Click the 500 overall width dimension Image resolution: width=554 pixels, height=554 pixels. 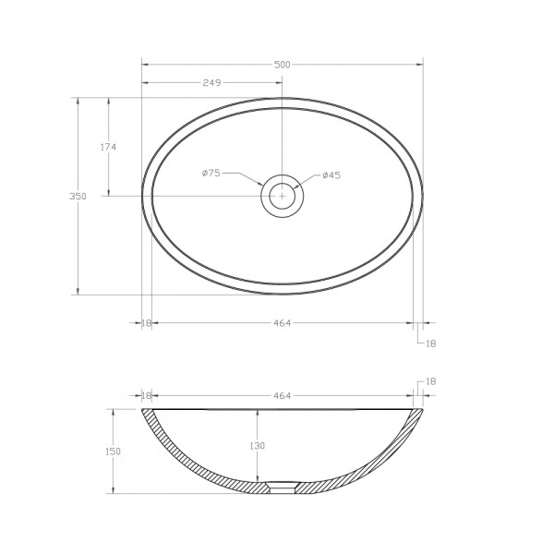coord(282,64)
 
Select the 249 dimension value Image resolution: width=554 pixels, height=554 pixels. coord(211,83)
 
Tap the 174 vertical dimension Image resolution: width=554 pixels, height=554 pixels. coord(108,146)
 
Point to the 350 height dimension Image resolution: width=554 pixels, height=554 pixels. coord(78,196)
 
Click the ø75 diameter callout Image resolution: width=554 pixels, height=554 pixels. coord(210,174)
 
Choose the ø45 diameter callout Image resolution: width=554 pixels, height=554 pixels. coord(331,175)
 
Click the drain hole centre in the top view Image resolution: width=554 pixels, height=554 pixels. coord(282,195)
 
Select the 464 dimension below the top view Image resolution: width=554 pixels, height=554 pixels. coord(282,322)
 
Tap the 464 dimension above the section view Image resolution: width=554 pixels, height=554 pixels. coord(282,395)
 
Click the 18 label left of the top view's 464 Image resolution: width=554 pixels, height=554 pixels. coord(146,322)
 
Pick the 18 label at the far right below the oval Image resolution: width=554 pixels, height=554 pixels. coord(429,343)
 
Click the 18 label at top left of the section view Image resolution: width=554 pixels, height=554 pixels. coord(146,395)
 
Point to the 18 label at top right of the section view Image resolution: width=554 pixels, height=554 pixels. coord(429,381)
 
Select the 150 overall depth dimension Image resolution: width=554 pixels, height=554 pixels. coord(114,451)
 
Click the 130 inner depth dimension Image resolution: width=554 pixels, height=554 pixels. coord(257,446)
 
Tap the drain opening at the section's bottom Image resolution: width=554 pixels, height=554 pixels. coord(282,487)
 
